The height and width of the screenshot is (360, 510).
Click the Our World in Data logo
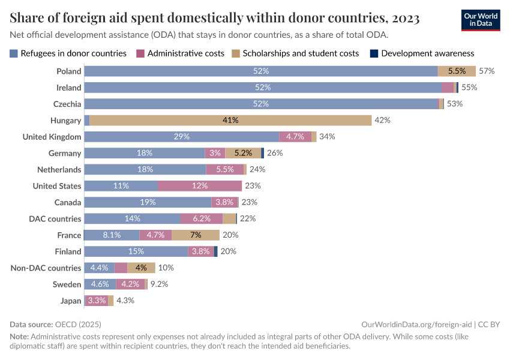click(x=481, y=19)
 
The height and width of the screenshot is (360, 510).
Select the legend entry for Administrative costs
click(x=181, y=53)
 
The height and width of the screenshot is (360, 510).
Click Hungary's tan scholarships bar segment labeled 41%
click(x=230, y=120)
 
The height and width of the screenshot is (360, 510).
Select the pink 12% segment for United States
click(x=200, y=185)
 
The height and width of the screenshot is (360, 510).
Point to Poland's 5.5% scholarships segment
click(x=457, y=71)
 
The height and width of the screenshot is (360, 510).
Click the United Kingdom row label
click(x=52, y=137)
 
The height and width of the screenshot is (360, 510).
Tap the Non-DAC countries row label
click(x=46, y=268)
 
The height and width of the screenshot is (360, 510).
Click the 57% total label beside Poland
click(x=487, y=71)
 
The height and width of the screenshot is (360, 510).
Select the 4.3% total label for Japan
click(x=125, y=301)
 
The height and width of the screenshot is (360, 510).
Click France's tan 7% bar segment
click(x=196, y=235)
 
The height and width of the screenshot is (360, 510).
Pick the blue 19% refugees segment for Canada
click(x=148, y=202)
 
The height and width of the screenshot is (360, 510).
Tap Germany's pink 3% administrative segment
click(x=214, y=153)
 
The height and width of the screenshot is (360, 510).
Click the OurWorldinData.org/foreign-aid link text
click(x=417, y=324)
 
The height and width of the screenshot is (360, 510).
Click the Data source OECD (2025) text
click(x=55, y=324)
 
